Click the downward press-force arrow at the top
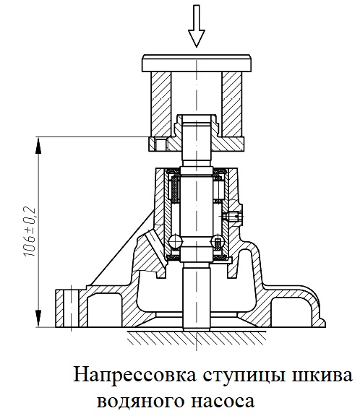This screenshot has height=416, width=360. (x=197, y=27)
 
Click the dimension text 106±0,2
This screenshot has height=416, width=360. (x=30, y=232)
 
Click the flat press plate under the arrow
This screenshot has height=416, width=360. (x=197, y=63)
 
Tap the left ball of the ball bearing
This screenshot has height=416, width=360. (x=175, y=241)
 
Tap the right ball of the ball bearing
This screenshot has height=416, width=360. (x=218, y=241)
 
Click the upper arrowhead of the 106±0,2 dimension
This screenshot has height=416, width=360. (x=38, y=145)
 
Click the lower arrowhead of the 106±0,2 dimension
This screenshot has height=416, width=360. (x=38, y=318)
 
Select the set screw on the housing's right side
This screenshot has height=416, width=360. (x=233, y=217)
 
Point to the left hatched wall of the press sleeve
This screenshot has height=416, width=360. (x=161, y=104)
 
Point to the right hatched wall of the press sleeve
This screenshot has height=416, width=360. (x=232, y=104)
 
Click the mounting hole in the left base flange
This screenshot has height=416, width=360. (x=71, y=308)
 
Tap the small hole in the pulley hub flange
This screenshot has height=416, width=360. (x=160, y=144)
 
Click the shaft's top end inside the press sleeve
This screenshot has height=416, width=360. (x=197, y=118)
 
